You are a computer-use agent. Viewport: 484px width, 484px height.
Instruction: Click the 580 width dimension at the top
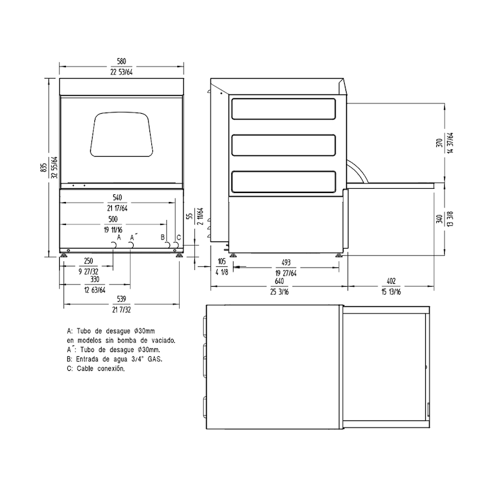[122, 61]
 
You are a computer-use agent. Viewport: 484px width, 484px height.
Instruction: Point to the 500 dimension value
[113, 218]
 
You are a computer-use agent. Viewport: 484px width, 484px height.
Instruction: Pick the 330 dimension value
[95, 280]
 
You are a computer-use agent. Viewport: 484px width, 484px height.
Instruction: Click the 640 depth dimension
[278, 282]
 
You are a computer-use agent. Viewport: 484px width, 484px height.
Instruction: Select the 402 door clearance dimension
[391, 282]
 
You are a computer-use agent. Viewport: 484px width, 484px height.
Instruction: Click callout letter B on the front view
[163, 238]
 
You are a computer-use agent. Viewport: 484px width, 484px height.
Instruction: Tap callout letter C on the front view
[177, 238]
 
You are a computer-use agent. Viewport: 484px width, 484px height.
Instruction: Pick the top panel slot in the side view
[283, 108]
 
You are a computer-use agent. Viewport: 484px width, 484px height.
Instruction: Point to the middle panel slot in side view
[283, 146]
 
